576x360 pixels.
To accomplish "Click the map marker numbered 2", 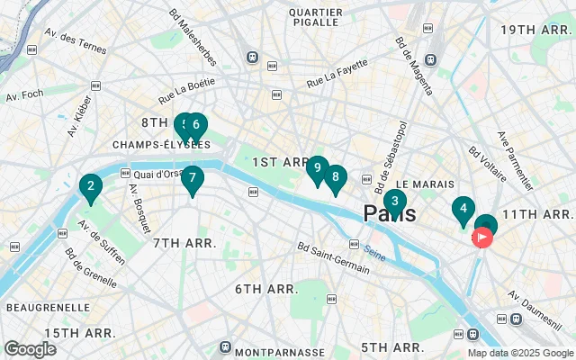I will [x=89, y=187].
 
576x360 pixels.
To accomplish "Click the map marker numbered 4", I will [x=463, y=211].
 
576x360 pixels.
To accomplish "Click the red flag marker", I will [x=482, y=238].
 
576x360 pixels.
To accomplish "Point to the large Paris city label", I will [x=390, y=214].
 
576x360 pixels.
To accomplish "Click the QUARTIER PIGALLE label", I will [x=316, y=19].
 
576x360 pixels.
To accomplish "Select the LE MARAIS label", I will [x=425, y=184].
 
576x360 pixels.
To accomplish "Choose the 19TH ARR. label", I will [x=536, y=30].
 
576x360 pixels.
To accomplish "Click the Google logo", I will [x=31, y=348].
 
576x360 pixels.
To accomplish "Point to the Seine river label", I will [x=375, y=256].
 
